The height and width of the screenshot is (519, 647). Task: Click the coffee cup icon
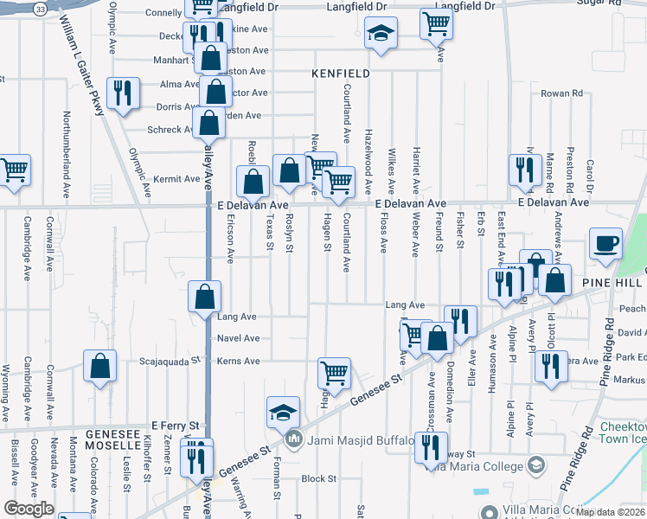coord(605,242)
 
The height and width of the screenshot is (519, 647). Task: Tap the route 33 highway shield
coord(41,8)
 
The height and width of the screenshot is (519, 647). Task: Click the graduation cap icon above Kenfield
coord(378,34)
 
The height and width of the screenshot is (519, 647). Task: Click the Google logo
coord(29,509)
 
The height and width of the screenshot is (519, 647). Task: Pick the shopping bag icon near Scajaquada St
coord(100,364)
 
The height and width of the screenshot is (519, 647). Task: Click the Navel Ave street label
coord(238,338)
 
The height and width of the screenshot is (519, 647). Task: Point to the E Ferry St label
coord(176,426)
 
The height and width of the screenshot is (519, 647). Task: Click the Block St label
coord(318,478)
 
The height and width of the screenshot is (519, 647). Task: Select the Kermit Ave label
coord(170,179)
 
